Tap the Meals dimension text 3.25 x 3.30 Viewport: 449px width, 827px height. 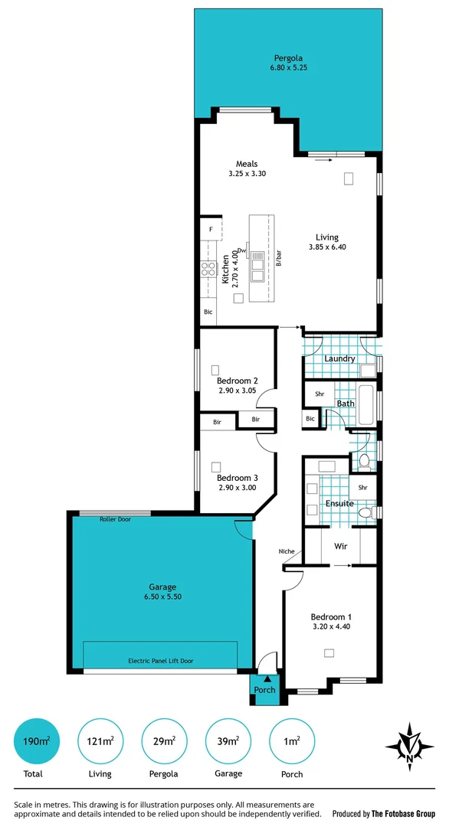point(246,174)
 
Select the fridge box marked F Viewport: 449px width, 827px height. point(211,229)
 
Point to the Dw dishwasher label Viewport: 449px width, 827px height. point(241,250)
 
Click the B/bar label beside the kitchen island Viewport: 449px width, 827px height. point(279,259)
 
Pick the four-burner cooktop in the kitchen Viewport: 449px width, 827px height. point(208,269)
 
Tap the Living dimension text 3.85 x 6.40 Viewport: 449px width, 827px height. point(327,247)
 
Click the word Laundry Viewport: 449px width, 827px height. point(339,358)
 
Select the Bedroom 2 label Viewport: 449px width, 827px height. point(237,381)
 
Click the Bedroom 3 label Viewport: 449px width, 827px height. point(237,478)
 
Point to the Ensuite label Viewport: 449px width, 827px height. point(339,503)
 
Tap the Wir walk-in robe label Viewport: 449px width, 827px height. point(341,547)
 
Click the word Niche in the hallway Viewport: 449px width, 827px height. point(287,551)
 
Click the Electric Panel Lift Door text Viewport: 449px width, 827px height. point(160,660)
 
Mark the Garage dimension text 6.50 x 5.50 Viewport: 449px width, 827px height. point(162,597)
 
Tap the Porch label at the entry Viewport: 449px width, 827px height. point(264,690)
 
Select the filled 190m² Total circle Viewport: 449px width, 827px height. point(35,741)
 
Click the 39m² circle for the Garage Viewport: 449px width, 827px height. point(228,741)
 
